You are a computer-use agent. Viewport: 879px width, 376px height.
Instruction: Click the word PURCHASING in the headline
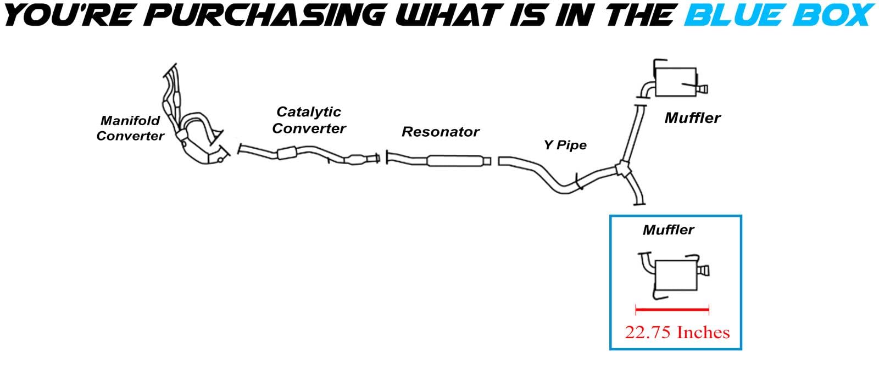266,15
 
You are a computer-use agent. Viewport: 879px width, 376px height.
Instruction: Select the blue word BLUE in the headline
730,15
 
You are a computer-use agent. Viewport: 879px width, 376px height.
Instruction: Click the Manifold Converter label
130,128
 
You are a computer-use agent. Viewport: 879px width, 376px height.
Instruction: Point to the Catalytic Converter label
309,120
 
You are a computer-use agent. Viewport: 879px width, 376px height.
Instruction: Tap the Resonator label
440,132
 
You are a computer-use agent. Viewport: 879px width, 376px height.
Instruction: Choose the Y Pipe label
565,145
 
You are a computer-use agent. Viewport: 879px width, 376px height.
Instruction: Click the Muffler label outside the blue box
692,117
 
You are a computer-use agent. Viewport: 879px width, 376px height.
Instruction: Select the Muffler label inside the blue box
668,229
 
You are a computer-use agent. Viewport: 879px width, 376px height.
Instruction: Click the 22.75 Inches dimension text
677,332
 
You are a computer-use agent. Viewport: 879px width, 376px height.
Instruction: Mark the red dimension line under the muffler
672,310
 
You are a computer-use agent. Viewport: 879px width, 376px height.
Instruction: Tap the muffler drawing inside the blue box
676,274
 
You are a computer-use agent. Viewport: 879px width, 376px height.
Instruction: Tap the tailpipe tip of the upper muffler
703,88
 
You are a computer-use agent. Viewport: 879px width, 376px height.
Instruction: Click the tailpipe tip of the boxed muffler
704,270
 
